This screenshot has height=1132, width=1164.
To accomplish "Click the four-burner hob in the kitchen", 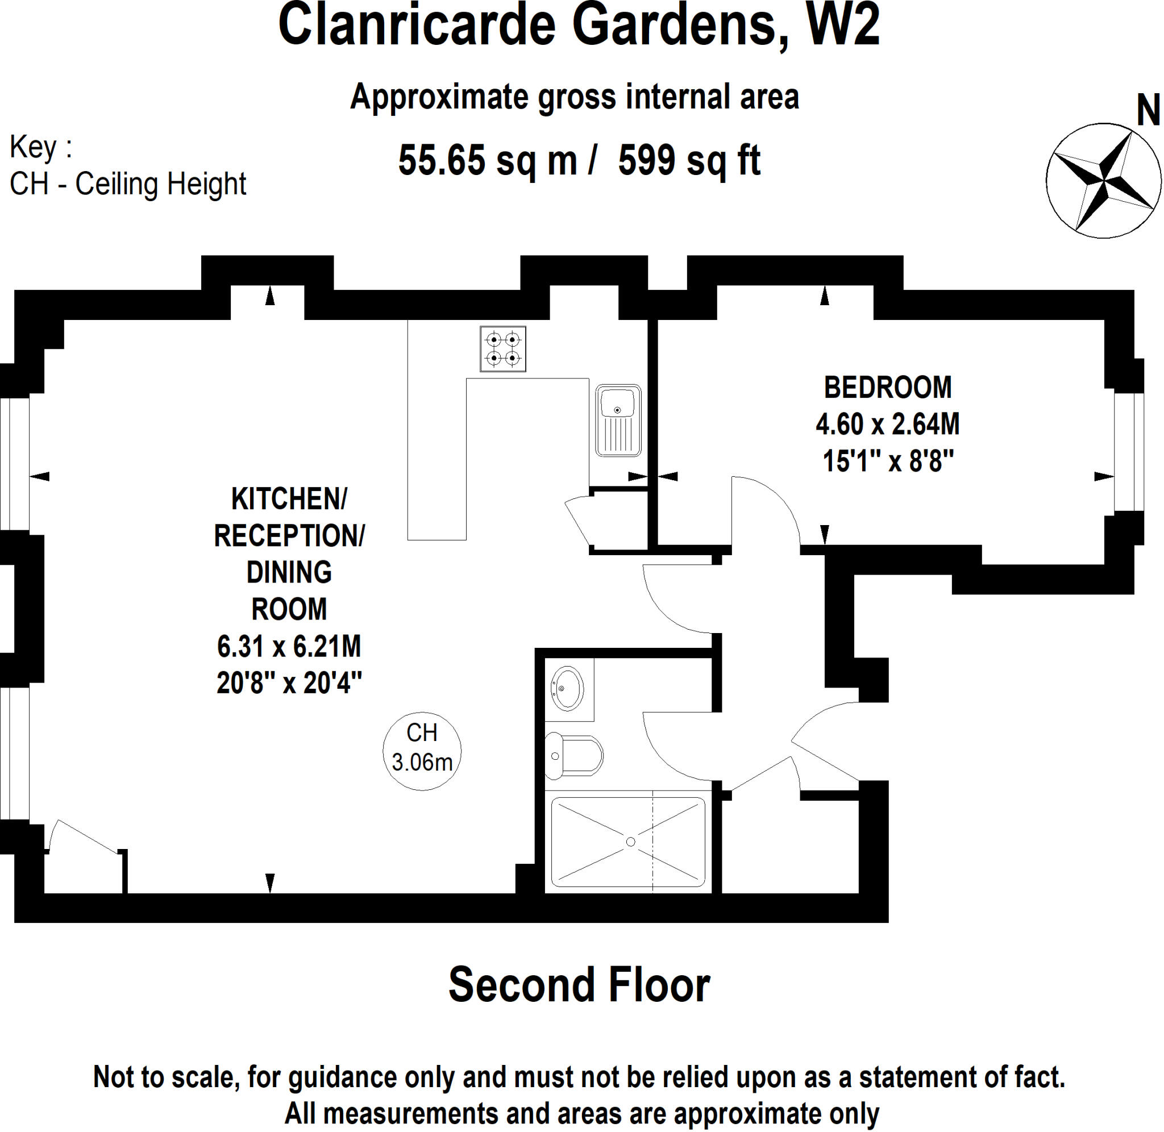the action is [503, 349].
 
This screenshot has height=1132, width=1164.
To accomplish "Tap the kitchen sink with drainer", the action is [618, 421].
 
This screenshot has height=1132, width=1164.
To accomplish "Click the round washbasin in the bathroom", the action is [567, 689].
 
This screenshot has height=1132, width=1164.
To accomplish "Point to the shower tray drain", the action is [631, 842].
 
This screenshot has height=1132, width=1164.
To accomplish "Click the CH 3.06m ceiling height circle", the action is [422, 751].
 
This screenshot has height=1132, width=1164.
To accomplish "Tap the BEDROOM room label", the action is [888, 388].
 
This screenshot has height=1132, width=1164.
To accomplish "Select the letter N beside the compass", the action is [1148, 111].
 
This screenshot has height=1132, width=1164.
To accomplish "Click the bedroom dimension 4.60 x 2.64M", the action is [888, 424].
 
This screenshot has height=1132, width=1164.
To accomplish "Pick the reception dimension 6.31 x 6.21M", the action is [289, 646].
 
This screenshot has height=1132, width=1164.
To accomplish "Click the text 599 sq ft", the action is [689, 160].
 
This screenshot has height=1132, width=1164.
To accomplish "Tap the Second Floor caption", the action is [579, 985].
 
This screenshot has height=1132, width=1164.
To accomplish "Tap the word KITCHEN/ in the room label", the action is [289, 499].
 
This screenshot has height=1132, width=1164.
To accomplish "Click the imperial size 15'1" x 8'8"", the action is [888, 461].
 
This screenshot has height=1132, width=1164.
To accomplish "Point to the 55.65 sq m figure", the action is [488, 160].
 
